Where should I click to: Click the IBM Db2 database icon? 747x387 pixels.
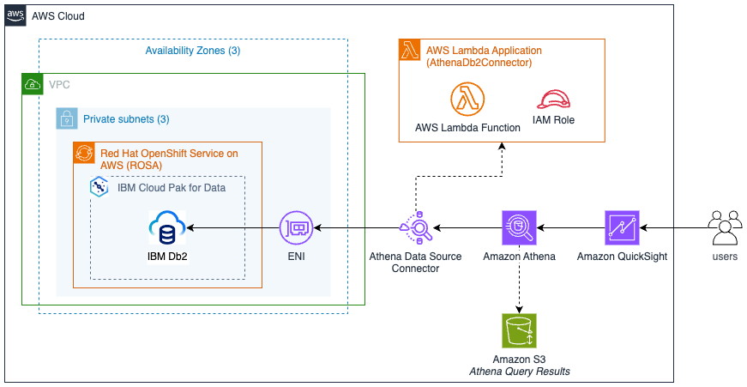tap(167, 228)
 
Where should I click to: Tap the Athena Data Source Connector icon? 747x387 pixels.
tap(415, 228)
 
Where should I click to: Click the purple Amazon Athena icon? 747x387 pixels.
tap(518, 228)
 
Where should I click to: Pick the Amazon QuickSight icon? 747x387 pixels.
tap(622, 228)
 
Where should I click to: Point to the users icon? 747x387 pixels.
tap(725, 228)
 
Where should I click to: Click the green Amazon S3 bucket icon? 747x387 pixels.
tap(518, 330)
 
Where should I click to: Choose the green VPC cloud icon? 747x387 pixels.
tap(32, 84)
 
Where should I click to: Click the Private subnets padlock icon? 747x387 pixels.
tap(66, 118)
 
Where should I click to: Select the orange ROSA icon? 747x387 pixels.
tap(83, 153)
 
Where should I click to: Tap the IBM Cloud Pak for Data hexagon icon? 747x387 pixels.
tap(100, 186)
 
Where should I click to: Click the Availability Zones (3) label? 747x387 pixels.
tap(192, 51)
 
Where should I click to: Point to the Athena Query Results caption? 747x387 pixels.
tap(518, 371)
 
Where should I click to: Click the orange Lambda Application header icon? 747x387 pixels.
tap(410, 50)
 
